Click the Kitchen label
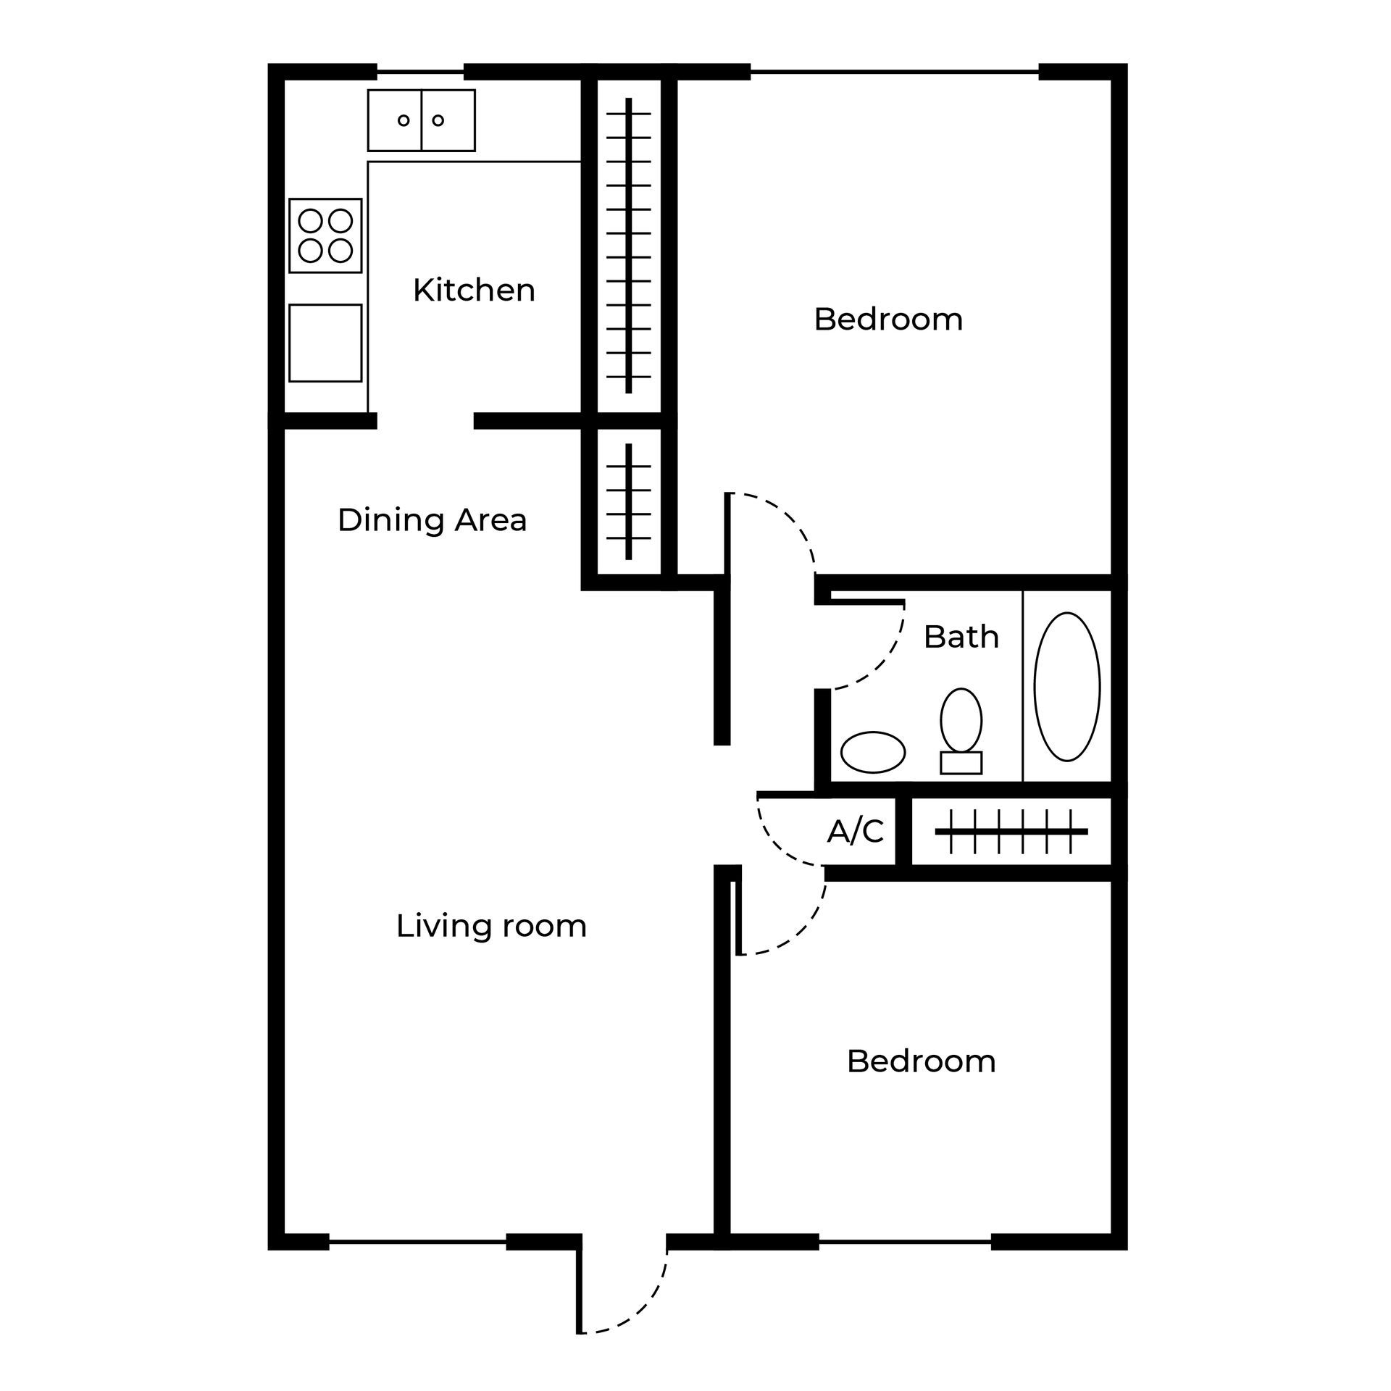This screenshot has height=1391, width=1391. tap(474, 291)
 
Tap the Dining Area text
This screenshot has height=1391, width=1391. tap(432, 520)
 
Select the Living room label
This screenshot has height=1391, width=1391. tap(491, 926)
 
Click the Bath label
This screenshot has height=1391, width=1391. tap(961, 637)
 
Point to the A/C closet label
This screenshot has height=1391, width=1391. tap(856, 832)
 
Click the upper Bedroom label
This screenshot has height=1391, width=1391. tap(888, 319)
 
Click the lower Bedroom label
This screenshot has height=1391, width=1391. tap(921, 1061)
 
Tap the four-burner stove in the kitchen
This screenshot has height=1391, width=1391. tap(325, 235)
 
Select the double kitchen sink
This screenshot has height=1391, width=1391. tap(421, 120)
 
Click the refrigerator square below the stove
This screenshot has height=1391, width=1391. tap(325, 343)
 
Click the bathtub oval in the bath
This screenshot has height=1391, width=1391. tap(1066, 687)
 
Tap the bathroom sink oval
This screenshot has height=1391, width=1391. tap(872, 752)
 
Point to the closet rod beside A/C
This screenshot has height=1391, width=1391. tap(1011, 832)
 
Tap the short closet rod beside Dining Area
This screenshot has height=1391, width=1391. tap(629, 501)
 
